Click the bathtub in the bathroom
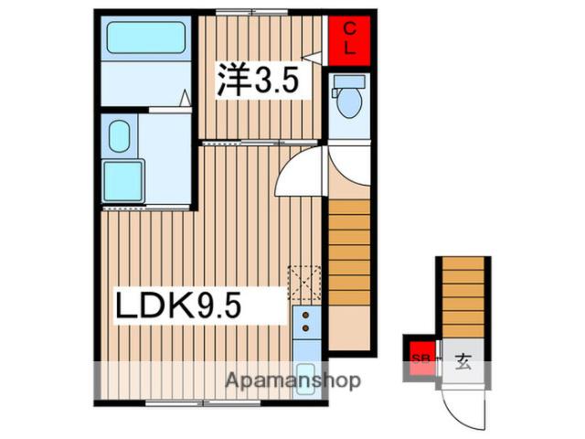click(146, 39)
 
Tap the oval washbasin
click(118, 138)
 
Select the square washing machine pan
click(123, 180)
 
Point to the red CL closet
click(350, 37)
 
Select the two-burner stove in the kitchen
click(304, 321)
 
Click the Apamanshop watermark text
click(292, 380)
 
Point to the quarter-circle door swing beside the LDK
click(298, 174)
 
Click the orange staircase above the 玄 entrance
click(463, 297)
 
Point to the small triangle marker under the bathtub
click(185, 96)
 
